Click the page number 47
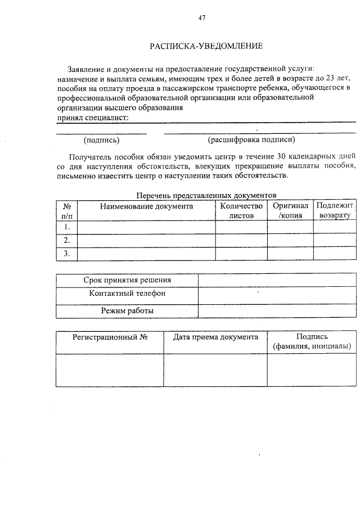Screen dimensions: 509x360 [x=202, y=17]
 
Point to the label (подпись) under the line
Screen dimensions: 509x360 [x=101, y=139]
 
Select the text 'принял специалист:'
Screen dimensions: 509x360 [x=93, y=118]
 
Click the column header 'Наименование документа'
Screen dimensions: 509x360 [x=146, y=206]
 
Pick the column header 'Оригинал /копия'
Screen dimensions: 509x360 [x=290, y=211]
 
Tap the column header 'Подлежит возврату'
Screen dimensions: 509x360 [x=334, y=211]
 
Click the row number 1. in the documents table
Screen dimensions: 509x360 [x=66, y=227]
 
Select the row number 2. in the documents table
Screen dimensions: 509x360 [x=66, y=240]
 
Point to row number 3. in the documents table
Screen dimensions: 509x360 [x=66, y=254]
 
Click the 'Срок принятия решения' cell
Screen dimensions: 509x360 [x=127, y=280]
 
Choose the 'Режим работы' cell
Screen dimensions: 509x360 [x=127, y=310]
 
